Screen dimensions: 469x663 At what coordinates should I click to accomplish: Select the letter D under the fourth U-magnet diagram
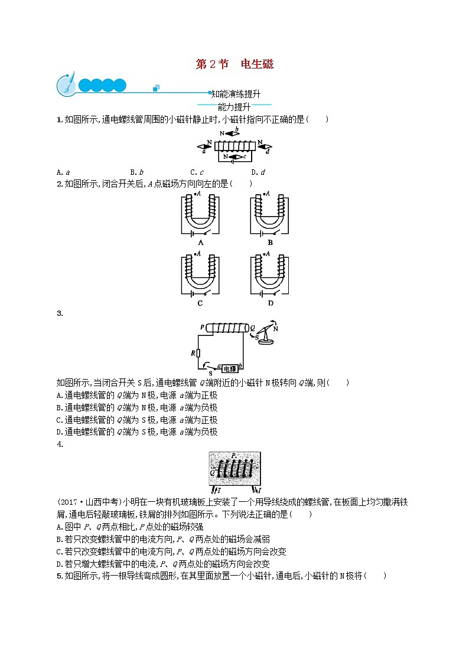(x=271, y=303)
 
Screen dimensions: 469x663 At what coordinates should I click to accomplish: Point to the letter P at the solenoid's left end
(x=202, y=326)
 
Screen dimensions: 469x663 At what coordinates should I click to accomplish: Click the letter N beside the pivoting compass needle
(x=275, y=328)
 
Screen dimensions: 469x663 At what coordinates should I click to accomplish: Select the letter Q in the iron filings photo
(x=212, y=472)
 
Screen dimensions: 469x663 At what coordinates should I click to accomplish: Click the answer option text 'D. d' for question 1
(x=258, y=172)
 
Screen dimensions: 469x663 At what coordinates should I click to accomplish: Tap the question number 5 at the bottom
(x=58, y=576)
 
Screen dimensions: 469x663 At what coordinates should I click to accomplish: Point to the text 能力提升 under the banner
(x=234, y=107)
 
